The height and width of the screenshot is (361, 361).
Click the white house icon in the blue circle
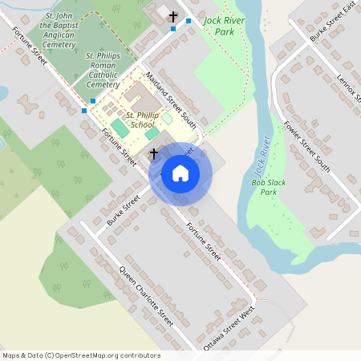pos(180,173)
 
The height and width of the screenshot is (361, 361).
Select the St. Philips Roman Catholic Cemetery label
pos(103,70)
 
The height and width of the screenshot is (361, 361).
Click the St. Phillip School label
pos(141,120)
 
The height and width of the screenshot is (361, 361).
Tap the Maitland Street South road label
pos(170,101)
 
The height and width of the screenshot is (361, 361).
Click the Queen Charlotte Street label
pos(146,294)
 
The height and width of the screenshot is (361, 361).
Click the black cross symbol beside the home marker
pos(153,152)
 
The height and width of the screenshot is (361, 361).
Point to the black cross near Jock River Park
pos(172,16)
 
